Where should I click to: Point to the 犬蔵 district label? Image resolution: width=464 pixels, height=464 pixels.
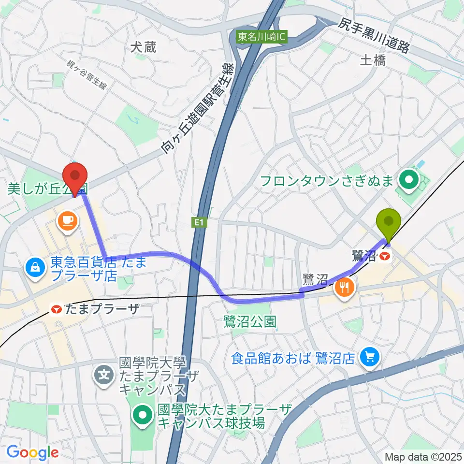(x=144, y=46)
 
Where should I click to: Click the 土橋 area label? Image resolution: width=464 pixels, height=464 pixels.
(x=373, y=60)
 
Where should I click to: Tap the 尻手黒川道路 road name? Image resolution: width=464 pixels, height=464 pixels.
(x=374, y=36)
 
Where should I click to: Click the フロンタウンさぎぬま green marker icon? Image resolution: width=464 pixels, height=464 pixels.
(x=410, y=181)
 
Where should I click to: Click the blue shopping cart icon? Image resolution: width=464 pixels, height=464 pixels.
(x=370, y=358)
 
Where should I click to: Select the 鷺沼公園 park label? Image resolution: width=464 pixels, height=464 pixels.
(x=250, y=321)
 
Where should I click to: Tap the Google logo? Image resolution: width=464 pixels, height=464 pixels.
(x=33, y=452)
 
